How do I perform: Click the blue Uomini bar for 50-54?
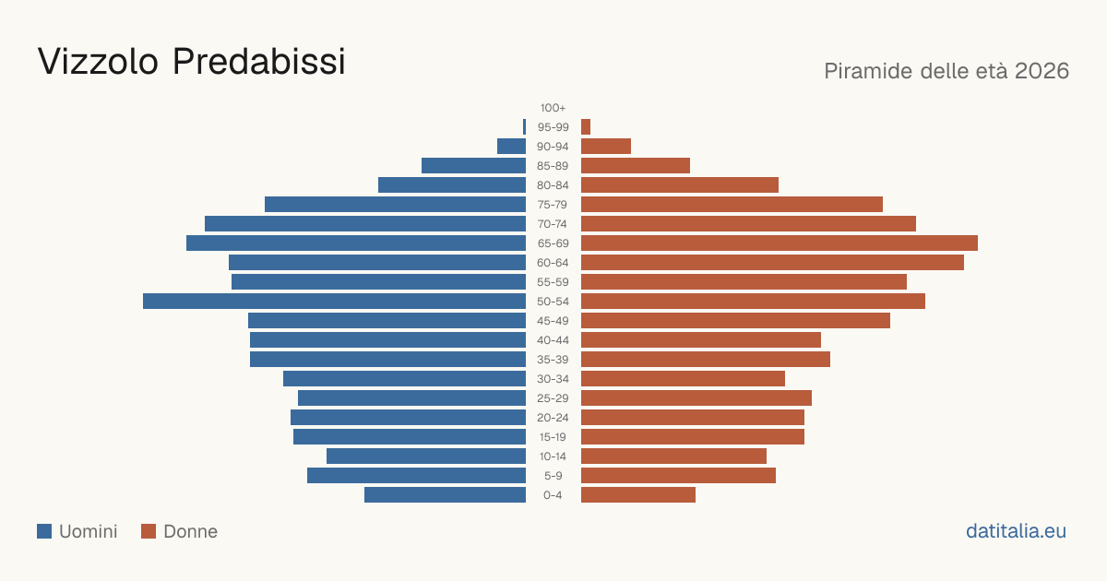(334, 302)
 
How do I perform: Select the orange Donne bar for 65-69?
(780, 243)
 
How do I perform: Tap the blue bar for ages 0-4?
(445, 495)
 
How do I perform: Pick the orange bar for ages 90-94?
(606, 147)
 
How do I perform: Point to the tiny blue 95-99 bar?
(524, 127)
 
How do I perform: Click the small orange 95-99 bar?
(586, 127)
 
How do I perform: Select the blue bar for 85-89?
(473, 165)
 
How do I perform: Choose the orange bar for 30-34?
(683, 379)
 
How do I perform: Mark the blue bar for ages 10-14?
(426, 456)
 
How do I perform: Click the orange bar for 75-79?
(732, 205)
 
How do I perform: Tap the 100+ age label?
(553, 108)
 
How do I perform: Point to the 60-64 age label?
(553, 263)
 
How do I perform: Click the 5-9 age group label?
(553, 476)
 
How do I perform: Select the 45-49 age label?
(553, 321)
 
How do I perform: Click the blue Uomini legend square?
(44, 531)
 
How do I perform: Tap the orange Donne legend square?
(149, 531)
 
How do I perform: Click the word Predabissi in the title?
(258, 62)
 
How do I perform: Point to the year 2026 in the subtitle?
(1042, 71)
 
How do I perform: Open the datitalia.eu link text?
(1016, 531)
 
